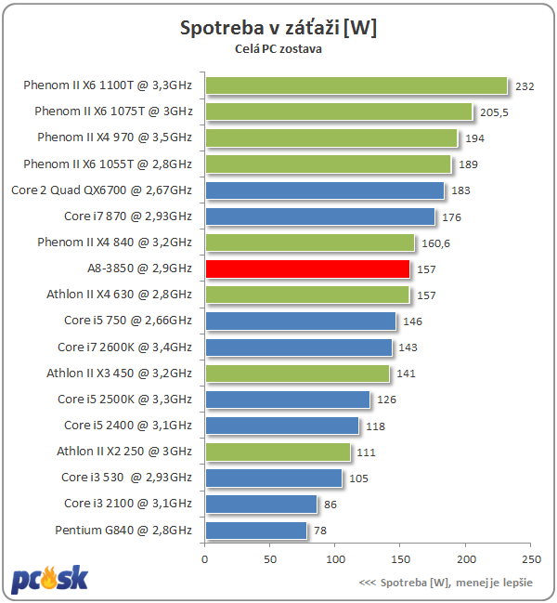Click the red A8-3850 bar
pyautogui.click(x=307, y=269)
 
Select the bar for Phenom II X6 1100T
pyautogui.click(x=356, y=85)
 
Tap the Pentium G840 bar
pyautogui.click(x=255, y=531)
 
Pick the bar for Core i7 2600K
pyautogui.click(x=298, y=347)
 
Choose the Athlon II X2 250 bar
pyautogui.click(x=278, y=452)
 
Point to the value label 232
pyautogui.click(x=525, y=86)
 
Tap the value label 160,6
pyautogui.click(x=434, y=243)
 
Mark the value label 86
pyautogui.click(x=330, y=505)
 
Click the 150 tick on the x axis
pyautogui.click(x=401, y=559)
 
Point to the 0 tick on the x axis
pyautogui.click(x=205, y=559)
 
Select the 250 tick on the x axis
pyautogui.click(x=531, y=559)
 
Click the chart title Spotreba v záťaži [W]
pyautogui.click(x=278, y=29)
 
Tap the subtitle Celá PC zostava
pyautogui.click(x=278, y=50)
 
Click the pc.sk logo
pyautogui.click(x=50, y=579)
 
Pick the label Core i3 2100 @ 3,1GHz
pyautogui.click(x=128, y=504)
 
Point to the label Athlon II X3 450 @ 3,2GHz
pyautogui.click(x=119, y=374)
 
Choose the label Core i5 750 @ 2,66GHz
pyautogui.click(x=128, y=321)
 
